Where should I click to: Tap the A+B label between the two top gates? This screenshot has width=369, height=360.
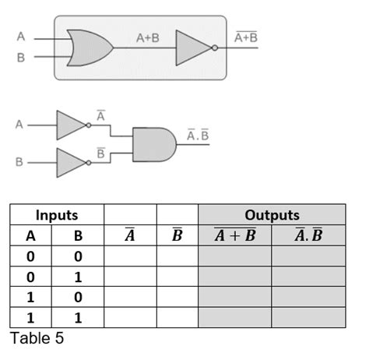click(x=147, y=37)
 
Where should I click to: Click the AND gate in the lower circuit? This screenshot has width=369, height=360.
click(x=154, y=144)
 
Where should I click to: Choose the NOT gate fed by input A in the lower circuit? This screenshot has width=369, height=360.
click(x=72, y=124)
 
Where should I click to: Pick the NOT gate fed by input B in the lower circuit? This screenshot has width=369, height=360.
click(x=72, y=163)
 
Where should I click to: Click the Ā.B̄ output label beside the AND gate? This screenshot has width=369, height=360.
click(x=199, y=136)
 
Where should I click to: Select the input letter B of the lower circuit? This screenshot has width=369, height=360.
click(x=20, y=163)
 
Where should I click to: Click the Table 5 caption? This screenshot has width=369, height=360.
click(x=37, y=337)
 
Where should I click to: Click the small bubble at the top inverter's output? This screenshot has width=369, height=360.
click(x=216, y=48)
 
